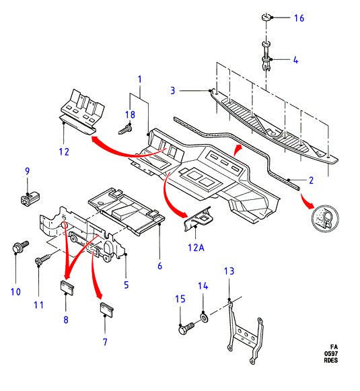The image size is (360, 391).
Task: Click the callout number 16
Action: click(299, 18)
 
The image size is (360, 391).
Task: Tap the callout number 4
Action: click(295, 60)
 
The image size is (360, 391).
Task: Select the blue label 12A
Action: click(196, 248)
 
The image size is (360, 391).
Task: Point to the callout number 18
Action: click(130, 114)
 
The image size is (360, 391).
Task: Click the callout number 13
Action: click(229, 271)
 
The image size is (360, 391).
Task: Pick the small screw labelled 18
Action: click(125, 129)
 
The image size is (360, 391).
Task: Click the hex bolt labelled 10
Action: click(20, 246)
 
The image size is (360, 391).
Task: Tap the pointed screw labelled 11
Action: click(44, 259)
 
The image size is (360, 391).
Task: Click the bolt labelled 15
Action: click(186, 328)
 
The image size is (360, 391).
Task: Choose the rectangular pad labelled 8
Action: click(67, 287)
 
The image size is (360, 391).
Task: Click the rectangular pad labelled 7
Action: click(107, 310)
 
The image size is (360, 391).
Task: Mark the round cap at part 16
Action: click(266, 17)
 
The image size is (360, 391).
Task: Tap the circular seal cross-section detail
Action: click(325, 219)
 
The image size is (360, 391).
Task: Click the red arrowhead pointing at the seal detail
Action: click(310, 205)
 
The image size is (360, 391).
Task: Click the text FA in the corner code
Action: click(334, 347)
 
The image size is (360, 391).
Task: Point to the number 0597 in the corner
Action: click(331, 353)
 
